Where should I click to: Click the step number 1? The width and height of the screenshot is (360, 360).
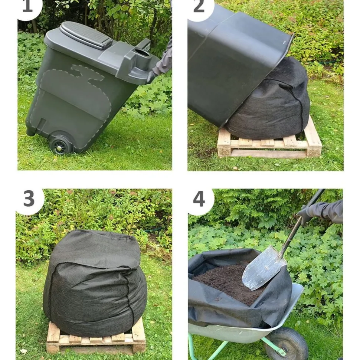coord(27,6)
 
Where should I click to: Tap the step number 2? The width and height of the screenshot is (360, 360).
coord(199,6)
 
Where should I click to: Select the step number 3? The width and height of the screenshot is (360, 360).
coord(29,199)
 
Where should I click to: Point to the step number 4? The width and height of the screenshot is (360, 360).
coord(199,199)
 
